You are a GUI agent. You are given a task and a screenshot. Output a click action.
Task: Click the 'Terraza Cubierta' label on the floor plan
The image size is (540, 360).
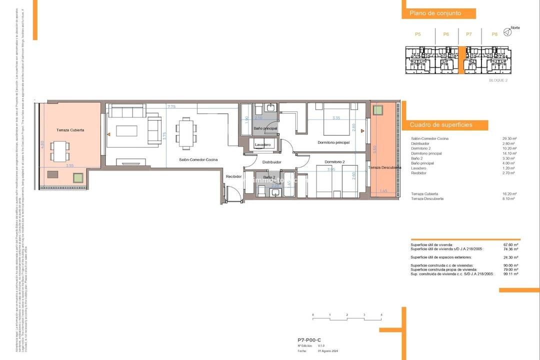tap(70, 130)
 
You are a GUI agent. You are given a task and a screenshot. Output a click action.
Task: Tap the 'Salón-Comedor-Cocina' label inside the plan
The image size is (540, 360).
tap(198, 159)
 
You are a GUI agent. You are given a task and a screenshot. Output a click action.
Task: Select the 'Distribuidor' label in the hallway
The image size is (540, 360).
tap(271, 162)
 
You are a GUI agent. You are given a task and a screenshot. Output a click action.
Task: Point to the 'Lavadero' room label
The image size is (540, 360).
tap(262, 144)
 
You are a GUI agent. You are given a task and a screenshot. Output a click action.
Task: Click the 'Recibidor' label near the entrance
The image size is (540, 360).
tap(233, 176)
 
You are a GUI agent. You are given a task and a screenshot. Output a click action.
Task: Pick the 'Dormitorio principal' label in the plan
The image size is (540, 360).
tap(333, 142)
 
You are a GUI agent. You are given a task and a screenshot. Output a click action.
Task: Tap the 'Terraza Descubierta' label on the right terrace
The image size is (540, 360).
tap(384, 167)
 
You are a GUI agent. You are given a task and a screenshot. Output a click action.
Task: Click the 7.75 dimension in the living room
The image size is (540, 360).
tap(171, 106)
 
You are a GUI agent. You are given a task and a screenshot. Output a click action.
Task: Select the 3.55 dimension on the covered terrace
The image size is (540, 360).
tap(69, 165)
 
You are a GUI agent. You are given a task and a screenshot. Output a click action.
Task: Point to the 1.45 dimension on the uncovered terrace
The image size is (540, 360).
tap(383, 190)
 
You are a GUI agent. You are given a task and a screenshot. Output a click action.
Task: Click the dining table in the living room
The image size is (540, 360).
tap(185, 133)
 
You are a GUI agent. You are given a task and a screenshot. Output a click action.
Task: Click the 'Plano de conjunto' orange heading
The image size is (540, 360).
tap(435, 13)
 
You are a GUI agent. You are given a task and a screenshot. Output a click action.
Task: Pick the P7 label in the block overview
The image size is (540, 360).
tap(468, 34)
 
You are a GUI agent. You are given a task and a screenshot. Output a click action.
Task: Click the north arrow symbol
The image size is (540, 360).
tap(507, 32)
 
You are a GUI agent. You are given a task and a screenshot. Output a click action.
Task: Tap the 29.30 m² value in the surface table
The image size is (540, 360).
tap(509, 138)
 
